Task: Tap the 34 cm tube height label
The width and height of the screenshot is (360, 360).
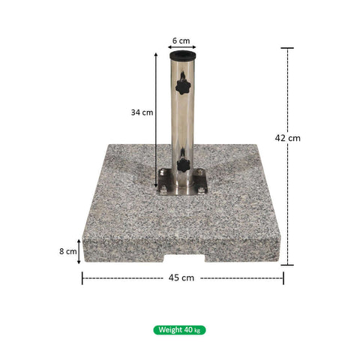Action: [142, 112]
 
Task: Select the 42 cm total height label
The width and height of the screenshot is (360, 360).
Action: [288, 138]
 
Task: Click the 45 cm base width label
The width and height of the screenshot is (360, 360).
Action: [182, 277]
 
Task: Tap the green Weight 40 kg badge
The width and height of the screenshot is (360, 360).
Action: [179, 330]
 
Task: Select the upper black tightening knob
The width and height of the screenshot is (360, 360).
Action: [181, 86]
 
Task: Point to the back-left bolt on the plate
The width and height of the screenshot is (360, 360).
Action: [162, 174]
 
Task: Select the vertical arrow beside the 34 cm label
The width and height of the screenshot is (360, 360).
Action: [156, 112]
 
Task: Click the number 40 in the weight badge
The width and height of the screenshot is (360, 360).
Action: [187, 330]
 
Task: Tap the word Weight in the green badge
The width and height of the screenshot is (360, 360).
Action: [169, 330]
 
